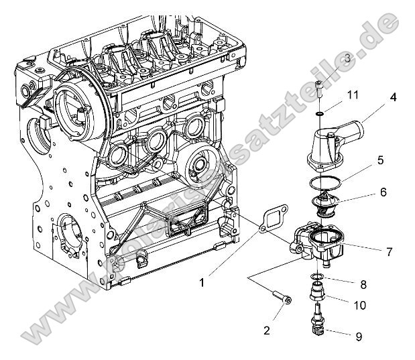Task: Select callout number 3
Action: (x=347, y=59)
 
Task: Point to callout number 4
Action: (x=394, y=97)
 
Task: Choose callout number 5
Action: (x=380, y=161)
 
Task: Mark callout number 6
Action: (x=383, y=192)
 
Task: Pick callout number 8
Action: (x=364, y=284)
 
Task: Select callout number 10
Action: (x=359, y=305)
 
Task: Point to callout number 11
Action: (x=353, y=97)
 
